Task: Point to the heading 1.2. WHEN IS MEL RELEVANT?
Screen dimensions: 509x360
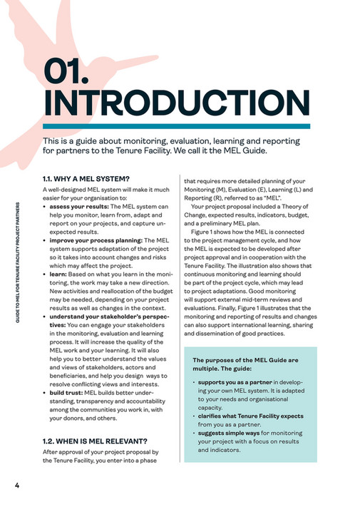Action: [x=95, y=440]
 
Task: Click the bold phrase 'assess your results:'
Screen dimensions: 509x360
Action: [x=79, y=207]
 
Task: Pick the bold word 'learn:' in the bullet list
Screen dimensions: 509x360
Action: [x=58, y=274]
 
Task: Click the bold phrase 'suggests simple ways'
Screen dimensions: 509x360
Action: [x=227, y=433]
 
